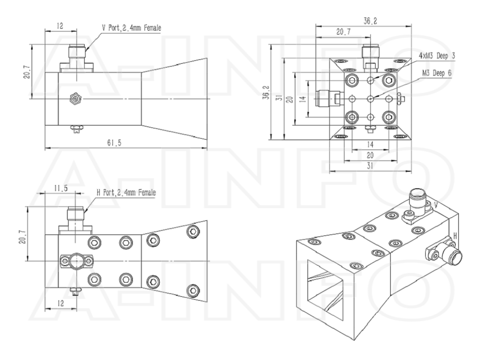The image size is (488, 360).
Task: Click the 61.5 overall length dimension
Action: tap(114, 143)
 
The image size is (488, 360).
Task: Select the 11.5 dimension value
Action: tap(61, 188)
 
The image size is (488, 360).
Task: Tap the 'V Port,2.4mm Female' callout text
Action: tap(132, 28)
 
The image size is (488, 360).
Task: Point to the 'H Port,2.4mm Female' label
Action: tap(126, 193)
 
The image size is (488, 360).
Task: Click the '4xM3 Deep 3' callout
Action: tap(437, 55)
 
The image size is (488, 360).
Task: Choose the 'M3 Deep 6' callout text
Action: tap(436, 73)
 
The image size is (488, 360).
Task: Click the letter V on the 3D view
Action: tap(436, 205)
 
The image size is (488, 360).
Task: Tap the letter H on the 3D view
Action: tap(455, 236)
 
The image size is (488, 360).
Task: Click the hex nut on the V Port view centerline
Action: tap(75, 99)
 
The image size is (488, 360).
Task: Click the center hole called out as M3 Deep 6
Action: tap(370, 99)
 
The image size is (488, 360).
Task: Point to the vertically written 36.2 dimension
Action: tap(266, 92)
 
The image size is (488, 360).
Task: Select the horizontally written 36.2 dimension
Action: tap(370, 21)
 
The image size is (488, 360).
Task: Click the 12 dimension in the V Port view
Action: tap(60, 26)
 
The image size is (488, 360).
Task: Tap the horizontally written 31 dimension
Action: tap(370, 166)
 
